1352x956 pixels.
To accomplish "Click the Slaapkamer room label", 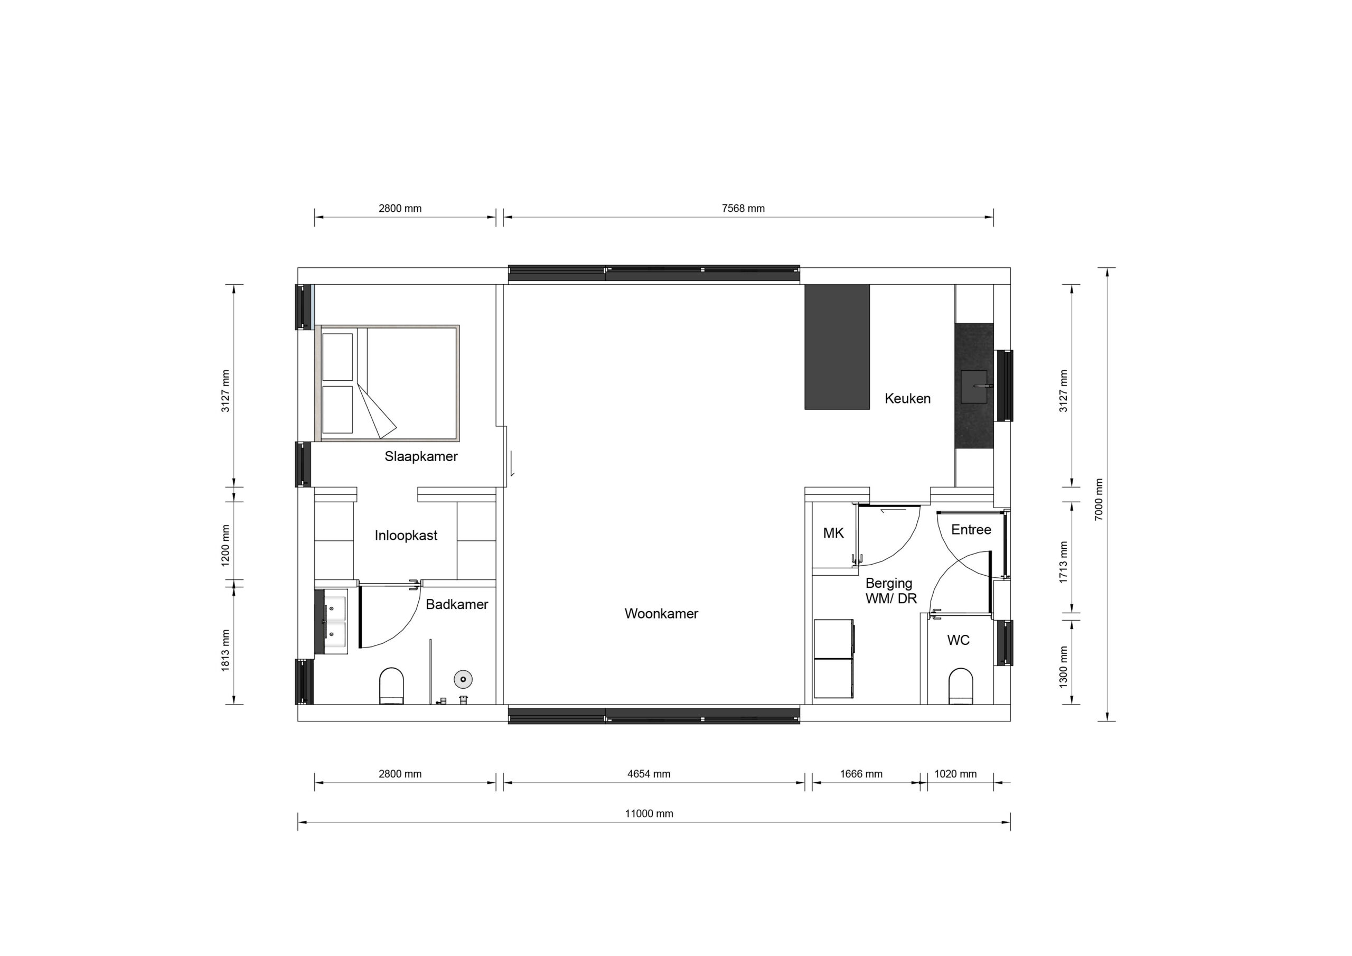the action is pos(421,456).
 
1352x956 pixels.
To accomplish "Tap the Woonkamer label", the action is pos(661,614).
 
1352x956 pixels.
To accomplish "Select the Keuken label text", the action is pos(907,399).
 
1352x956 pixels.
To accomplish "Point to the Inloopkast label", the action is pos(406,536).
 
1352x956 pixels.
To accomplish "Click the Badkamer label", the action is pos(457,604).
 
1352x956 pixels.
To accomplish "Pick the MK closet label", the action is pos(833,533).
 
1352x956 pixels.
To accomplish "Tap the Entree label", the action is pos(971,530).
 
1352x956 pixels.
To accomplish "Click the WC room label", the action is pos(958,640).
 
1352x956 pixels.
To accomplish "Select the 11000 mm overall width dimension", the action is pos(649,813).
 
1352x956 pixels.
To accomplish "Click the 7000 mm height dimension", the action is pos(1099,500).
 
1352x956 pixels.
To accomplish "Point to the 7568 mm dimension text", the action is pos(743,209).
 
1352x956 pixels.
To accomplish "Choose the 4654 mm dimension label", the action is pos(649,774).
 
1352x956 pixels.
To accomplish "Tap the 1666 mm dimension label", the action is pos(861,774).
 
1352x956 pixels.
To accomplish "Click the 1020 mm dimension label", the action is pos(955,774).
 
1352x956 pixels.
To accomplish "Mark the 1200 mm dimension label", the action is pos(226,546).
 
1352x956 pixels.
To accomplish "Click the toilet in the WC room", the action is pos(961,686).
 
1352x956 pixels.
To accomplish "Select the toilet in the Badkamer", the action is pos(391,686).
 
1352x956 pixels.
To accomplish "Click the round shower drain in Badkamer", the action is pos(463,679).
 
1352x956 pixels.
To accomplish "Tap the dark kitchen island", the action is pos(837,347).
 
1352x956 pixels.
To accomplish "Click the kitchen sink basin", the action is pos(974,387).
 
